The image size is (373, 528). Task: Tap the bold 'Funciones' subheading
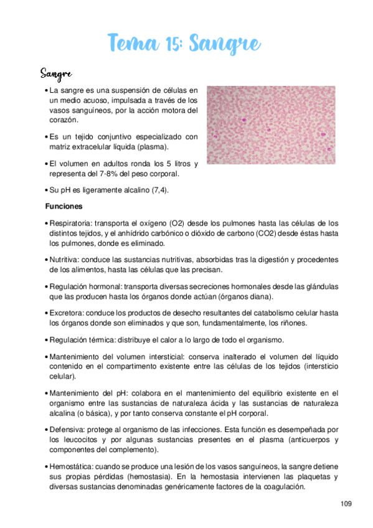65,205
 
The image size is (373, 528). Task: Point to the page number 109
347,503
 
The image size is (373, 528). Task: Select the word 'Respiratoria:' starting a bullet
71,223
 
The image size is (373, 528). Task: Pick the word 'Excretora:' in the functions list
67,313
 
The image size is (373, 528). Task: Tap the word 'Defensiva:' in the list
68,430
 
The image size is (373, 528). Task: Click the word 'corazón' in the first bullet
64,119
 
